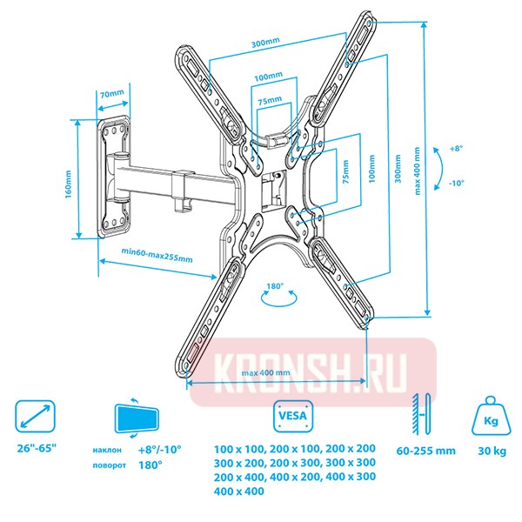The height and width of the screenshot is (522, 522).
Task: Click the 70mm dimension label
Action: click(112, 94)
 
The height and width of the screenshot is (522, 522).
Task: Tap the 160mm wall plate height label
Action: click(68, 184)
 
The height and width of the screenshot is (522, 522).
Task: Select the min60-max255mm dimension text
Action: click(157, 254)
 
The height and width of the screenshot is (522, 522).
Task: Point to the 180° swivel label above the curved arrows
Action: click(275, 286)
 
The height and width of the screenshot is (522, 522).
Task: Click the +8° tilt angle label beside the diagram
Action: click(456, 149)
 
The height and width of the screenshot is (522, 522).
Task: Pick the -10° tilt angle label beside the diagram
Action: click(456, 183)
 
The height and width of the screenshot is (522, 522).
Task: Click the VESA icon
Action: click(293, 416)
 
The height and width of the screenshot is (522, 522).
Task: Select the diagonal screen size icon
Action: click(35, 416)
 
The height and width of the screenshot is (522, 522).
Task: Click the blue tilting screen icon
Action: click(137, 418)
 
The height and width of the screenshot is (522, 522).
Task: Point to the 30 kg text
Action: click(492, 451)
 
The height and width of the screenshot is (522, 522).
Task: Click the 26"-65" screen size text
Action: click(37, 448)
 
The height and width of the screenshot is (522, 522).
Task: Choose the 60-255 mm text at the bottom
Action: click(425, 451)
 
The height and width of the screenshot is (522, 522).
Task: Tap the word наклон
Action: click(107, 450)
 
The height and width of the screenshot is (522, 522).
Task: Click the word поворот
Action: click(110, 465)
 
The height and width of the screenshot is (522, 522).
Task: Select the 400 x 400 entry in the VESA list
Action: click(239, 491)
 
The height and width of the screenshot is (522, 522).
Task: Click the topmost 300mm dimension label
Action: click(265, 42)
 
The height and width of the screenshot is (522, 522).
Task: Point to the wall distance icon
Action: click(422, 414)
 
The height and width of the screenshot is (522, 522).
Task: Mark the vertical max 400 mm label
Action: click(417, 171)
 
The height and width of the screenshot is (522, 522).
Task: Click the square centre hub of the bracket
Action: click(274, 189)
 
